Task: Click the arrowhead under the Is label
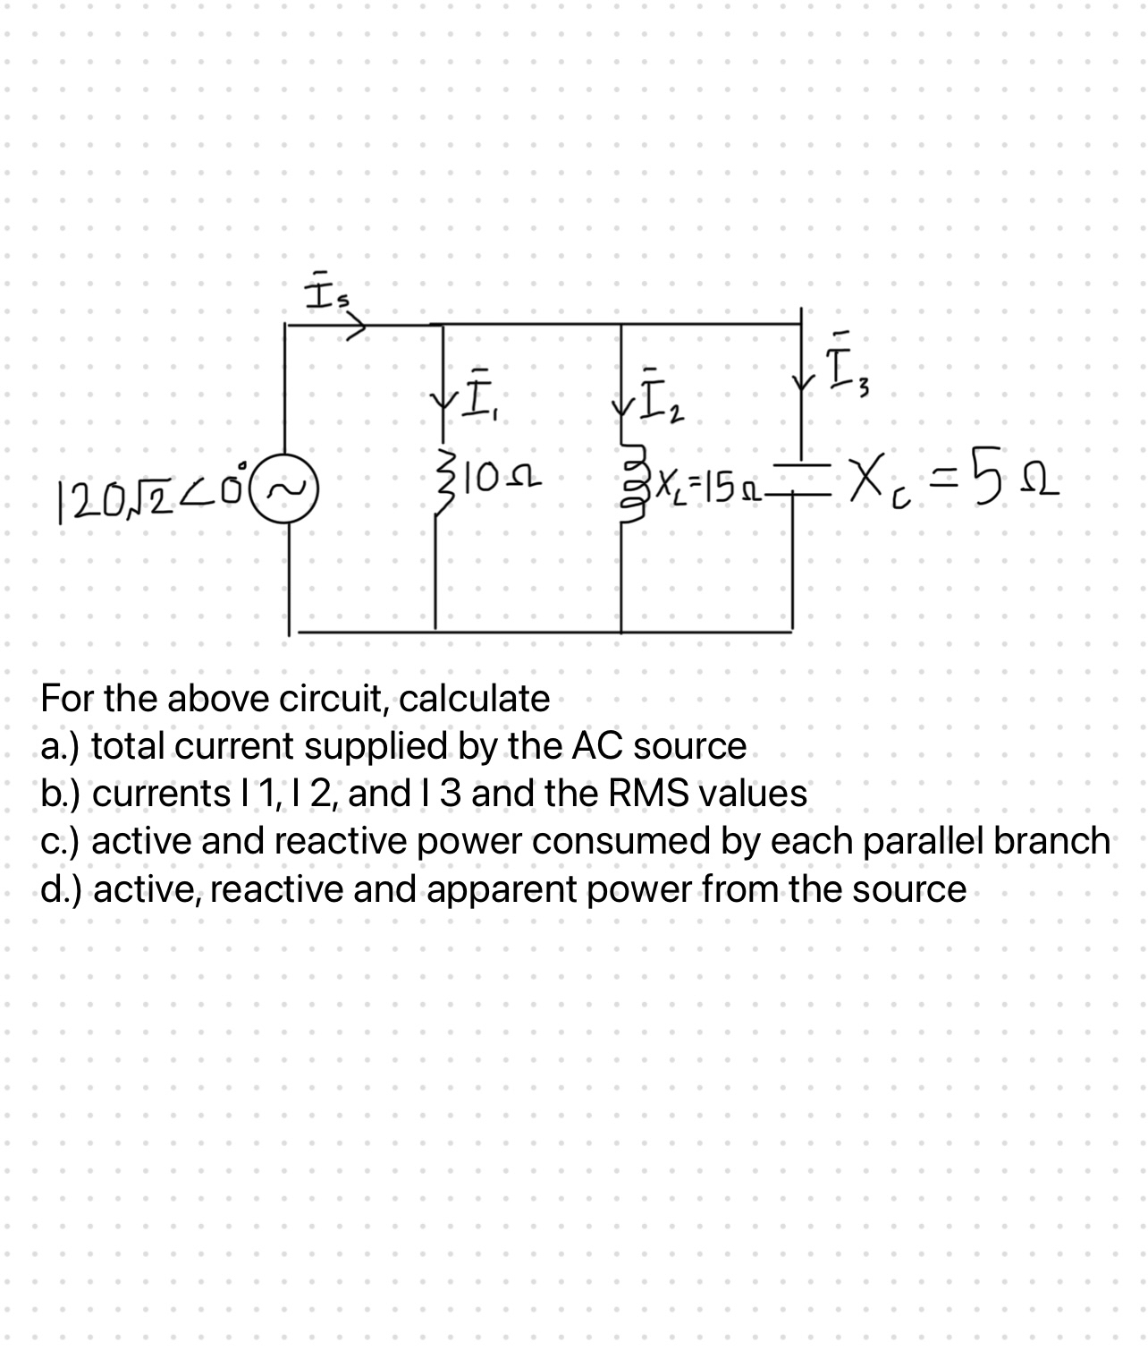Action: coord(358,327)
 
